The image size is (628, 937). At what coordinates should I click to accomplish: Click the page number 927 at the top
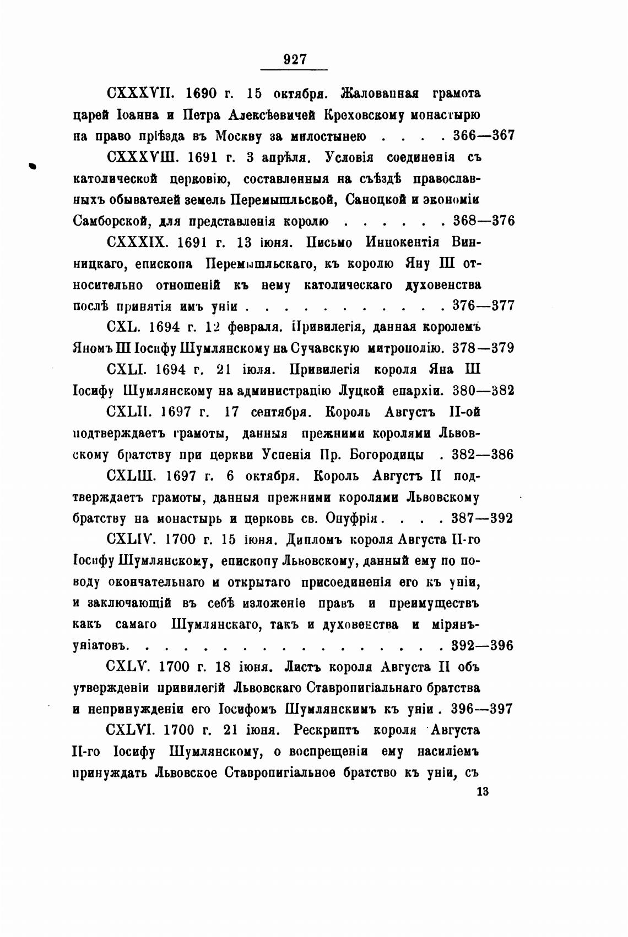coord(294,59)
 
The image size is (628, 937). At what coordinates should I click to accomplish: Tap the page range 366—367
coord(483,136)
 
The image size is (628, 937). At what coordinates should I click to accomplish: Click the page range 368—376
coord(483,221)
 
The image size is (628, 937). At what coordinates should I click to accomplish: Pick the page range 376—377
coord(483,306)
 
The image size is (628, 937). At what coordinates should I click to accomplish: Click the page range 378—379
coord(483,348)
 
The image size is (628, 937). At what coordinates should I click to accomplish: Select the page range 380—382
coord(483,391)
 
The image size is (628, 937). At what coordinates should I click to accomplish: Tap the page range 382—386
coord(482,454)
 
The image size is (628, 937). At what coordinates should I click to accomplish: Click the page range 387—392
coord(482,518)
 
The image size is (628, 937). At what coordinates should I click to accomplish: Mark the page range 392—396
coord(482,645)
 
